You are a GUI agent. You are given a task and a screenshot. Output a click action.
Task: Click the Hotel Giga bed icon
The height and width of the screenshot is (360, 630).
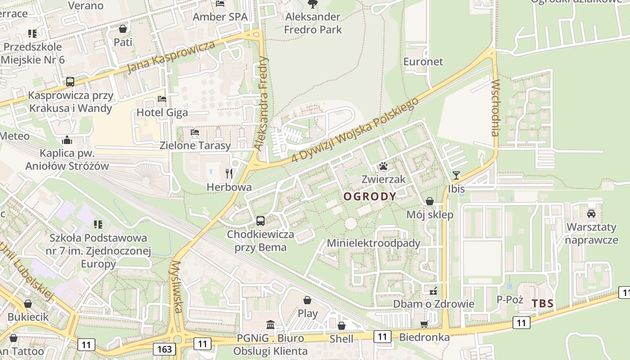pyautogui.click(x=162, y=99)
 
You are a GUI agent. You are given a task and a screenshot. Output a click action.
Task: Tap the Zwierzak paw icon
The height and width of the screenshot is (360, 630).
pyautogui.click(x=383, y=166)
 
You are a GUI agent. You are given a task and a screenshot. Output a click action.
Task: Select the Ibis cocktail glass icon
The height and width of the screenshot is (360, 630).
pyautogui.click(x=456, y=175)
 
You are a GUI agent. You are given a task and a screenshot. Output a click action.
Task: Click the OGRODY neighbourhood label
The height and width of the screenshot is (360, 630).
pyautogui.click(x=370, y=196)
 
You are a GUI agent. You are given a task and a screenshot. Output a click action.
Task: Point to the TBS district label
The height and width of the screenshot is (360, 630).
pyautogui.click(x=543, y=303)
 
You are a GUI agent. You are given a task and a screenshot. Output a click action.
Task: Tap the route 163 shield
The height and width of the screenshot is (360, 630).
pyautogui.click(x=164, y=349)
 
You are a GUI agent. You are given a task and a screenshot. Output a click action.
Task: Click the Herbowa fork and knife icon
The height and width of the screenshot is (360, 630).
pyautogui.click(x=229, y=173)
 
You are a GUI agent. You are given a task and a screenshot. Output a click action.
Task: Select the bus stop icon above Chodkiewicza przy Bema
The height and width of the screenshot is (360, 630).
pyautogui.click(x=261, y=220)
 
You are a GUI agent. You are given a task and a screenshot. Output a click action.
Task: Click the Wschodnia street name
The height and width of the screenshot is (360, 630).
pyautogui.click(x=495, y=108)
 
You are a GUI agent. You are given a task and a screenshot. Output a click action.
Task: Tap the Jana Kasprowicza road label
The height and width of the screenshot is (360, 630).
pyautogui.click(x=171, y=57)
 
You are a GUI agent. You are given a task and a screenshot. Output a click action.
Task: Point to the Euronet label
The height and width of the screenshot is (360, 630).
pyautogui.click(x=423, y=62)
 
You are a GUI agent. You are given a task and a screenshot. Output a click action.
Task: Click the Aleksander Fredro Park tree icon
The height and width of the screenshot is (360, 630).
pyautogui.click(x=312, y=4)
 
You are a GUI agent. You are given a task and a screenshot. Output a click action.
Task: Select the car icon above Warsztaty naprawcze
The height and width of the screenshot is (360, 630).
pyautogui.click(x=591, y=213)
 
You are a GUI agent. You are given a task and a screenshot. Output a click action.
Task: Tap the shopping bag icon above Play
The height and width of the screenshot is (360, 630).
pyautogui.click(x=307, y=300)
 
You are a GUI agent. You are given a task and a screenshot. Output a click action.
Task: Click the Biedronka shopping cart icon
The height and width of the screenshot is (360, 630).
pyautogui.click(x=423, y=324)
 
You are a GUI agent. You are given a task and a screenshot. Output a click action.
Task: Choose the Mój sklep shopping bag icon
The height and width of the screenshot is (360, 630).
pyautogui.click(x=430, y=201)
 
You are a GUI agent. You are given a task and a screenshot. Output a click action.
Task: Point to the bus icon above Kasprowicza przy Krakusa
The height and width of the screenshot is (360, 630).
pyautogui.click(x=70, y=82)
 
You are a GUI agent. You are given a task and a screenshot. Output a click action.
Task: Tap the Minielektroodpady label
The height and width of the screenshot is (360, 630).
pyautogui.click(x=373, y=243)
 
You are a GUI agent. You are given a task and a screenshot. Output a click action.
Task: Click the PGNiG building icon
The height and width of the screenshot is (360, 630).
pyautogui.click(x=270, y=324)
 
